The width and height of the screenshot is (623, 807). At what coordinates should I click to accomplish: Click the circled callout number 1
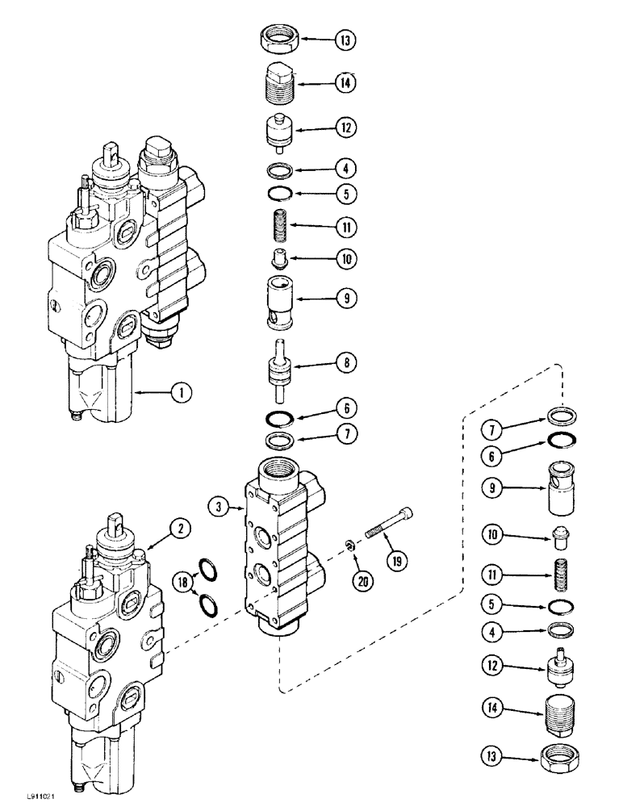point(182,394)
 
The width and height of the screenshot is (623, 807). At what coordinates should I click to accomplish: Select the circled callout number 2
point(182,529)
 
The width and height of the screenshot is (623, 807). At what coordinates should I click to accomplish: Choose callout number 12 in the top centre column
point(347,128)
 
